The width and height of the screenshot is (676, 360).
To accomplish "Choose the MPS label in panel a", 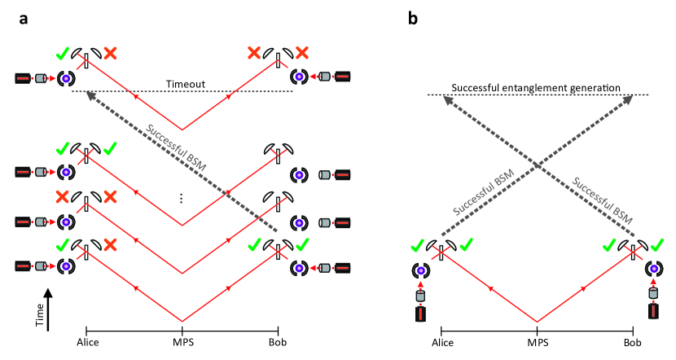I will point(182,343).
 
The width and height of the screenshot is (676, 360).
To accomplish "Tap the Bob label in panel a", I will point(278,343).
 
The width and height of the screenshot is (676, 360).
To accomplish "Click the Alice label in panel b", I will point(441,343).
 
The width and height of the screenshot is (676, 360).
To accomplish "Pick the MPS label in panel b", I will point(537,343).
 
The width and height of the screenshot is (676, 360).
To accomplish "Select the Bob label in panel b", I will point(632,343).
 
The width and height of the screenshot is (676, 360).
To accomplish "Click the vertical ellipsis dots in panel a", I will point(182,198).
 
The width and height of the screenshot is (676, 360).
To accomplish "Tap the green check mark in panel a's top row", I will point(61,55).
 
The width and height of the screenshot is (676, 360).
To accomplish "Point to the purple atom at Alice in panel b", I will point(422,270).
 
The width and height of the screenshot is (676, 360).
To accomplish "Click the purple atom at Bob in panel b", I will point(652,270).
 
